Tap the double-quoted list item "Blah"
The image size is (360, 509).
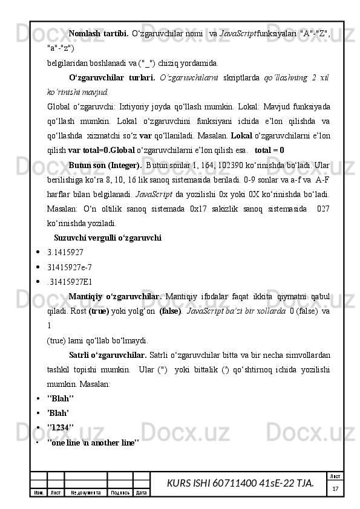60,399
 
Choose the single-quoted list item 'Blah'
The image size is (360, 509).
57,413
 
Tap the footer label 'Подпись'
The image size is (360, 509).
120,493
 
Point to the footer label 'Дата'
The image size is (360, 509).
142,493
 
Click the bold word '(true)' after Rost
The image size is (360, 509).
99,310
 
